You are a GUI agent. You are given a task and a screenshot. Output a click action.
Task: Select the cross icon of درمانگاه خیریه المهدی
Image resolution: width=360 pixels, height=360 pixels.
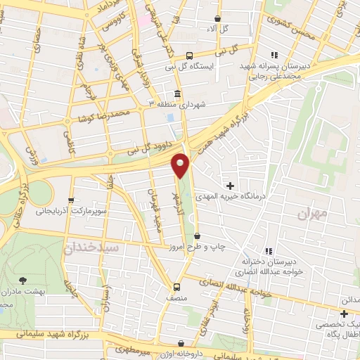pyautogui.click(x=231, y=186)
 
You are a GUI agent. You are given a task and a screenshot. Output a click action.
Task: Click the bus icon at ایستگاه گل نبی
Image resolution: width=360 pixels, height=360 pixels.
pyautogui.click(x=189, y=55)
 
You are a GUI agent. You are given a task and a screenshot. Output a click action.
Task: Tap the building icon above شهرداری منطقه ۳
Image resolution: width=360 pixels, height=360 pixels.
pyautogui.click(x=176, y=94)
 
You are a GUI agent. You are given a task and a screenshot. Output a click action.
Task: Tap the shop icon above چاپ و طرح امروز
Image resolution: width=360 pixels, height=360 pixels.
pyautogui.click(x=197, y=236)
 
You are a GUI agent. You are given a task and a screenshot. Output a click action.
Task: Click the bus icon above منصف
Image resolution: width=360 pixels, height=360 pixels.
pyautogui.click(x=176, y=286)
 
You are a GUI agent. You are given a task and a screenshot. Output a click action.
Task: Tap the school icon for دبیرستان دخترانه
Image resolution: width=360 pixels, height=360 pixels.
pyautogui.click(x=269, y=251)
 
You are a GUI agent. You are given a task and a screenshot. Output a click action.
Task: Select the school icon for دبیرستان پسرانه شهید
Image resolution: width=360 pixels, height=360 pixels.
pyautogui.click(x=274, y=54)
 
